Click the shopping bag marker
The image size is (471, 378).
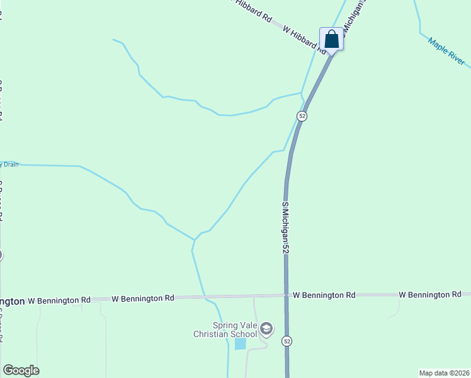click(x=331, y=39)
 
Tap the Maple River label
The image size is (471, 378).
click(x=446, y=52)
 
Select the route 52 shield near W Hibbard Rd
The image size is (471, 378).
click(x=302, y=116)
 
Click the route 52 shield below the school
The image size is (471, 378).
click(x=287, y=341)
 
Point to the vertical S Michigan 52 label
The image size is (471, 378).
click(x=285, y=227)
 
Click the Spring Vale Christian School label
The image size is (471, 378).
click(x=225, y=329)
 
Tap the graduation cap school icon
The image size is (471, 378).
click(x=266, y=328)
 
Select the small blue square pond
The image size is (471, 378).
click(x=240, y=343)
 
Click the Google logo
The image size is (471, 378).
click(x=21, y=370)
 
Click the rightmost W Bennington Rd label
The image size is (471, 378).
click(x=431, y=294)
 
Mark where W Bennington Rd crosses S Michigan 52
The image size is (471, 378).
click(x=287, y=295)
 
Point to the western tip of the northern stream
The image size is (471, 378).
click(x=113, y=40)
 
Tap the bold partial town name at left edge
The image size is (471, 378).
click(x=13, y=301)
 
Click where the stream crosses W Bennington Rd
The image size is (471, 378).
click(x=203, y=296)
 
